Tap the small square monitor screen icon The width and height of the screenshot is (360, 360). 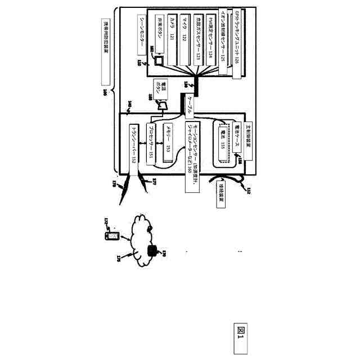point(159,59)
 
